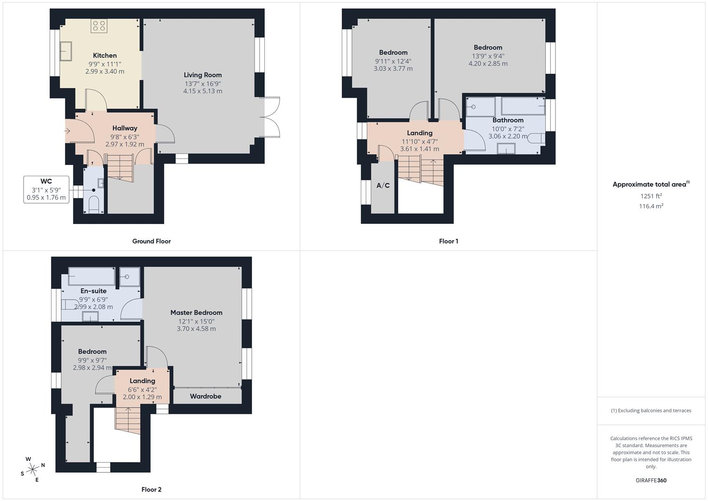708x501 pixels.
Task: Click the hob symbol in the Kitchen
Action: tap(99, 26)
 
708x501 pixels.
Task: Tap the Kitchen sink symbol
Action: tap(65, 51)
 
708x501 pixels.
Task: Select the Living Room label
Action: tap(203, 75)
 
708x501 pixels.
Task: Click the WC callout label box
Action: tap(46, 189)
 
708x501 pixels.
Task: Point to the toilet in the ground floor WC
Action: tap(94, 204)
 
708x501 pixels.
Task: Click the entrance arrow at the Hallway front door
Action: tap(67, 131)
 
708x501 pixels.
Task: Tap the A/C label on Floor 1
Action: tap(383, 186)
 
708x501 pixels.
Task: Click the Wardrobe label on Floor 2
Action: tap(205, 396)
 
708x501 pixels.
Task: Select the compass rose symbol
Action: tap(32, 469)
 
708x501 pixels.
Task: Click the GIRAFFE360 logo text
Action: tap(651, 480)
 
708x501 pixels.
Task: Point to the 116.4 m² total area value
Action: tap(651, 206)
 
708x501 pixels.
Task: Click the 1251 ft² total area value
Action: tap(651, 196)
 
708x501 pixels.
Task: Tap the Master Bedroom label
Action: tap(196, 313)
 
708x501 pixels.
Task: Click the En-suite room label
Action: tap(94, 291)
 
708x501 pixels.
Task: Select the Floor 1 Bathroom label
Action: tap(508, 120)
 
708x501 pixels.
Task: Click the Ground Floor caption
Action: tap(152, 241)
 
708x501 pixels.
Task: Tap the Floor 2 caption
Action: tap(152, 489)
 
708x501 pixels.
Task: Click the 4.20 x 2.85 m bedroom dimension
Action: tap(488, 64)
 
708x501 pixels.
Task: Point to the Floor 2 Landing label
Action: tap(142, 381)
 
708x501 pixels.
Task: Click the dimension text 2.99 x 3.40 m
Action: tap(105, 71)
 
